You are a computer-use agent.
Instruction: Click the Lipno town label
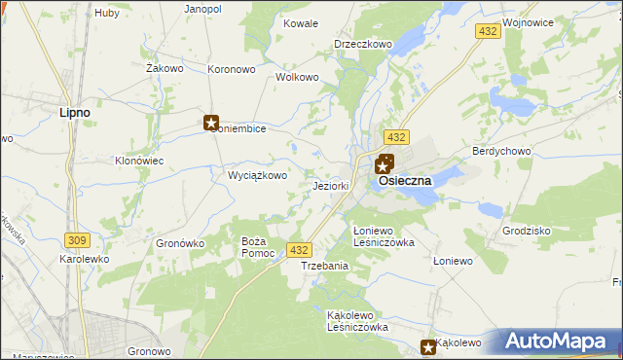pyautogui.click(x=75, y=112)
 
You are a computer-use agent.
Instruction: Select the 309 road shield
pyautogui.click(x=77, y=238)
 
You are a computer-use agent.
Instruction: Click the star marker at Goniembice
pyautogui.click(x=211, y=123)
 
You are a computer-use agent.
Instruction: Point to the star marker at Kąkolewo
pyautogui.click(x=428, y=346)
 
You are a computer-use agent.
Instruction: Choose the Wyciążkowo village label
pyautogui.click(x=257, y=176)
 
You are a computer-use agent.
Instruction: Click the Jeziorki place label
pyautogui.click(x=331, y=186)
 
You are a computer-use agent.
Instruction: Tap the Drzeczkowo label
pyautogui.click(x=363, y=44)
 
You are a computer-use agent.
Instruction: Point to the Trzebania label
pyautogui.click(x=324, y=266)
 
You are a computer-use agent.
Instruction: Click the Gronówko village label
pyautogui.click(x=179, y=243)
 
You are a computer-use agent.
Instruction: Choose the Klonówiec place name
pyautogui.click(x=138, y=161)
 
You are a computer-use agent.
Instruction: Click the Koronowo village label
pyautogui.click(x=231, y=69)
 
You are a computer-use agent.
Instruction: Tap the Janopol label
pyautogui.click(x=202, y=9)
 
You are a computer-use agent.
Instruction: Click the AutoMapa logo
pyautogui.click(x=558, y=342)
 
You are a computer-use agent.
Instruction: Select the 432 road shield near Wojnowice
pyautogui.click(x=489, y=32)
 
